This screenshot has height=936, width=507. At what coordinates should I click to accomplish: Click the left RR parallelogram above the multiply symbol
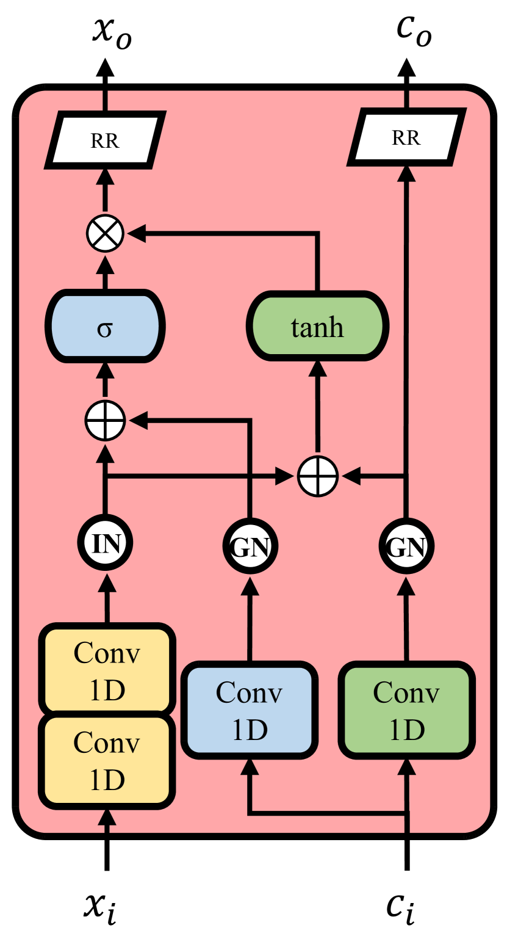pos(105,140)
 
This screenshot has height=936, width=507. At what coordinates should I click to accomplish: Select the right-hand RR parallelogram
pos(406,138)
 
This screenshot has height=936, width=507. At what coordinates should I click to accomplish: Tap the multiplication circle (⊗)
pos(105,233)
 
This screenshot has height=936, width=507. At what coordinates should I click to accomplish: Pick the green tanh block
pos(317,327)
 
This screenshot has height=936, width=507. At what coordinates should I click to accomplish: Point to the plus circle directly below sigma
pos(105,421)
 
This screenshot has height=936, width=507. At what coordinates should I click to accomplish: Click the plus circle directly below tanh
pos(317,476)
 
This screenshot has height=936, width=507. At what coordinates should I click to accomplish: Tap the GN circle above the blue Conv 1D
pos(250,546)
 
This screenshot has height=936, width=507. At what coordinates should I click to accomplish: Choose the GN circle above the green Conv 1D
pos(406,546)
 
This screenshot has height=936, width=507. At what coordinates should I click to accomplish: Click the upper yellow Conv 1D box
pos(107,670)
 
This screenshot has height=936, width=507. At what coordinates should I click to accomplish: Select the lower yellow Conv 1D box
pos(107,761)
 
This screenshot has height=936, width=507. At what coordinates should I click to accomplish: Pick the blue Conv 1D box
pos(250,711)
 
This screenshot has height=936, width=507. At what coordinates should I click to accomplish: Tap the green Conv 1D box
pos(406,711)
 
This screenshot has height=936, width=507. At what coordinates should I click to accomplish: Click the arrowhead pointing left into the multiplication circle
pos(135,233)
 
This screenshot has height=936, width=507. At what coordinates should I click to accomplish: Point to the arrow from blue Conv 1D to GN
pos(250,617)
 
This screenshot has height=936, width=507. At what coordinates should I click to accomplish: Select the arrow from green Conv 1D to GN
pos(406,617)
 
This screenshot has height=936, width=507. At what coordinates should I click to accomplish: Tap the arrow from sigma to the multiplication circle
pos(105,272)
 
